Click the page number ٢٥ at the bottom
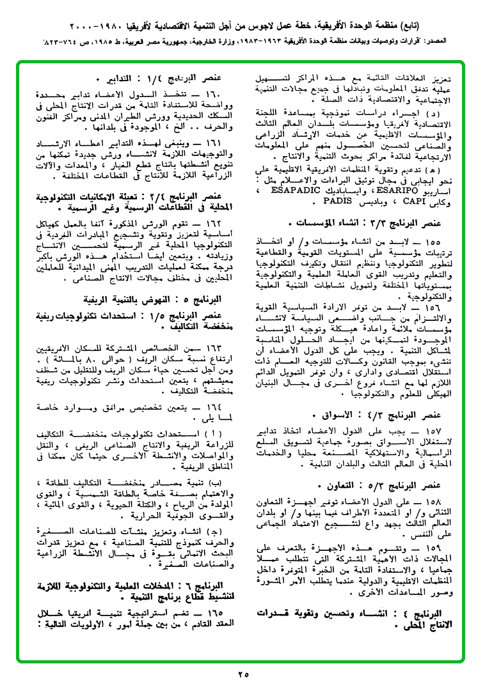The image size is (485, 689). (x=242, y=674)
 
